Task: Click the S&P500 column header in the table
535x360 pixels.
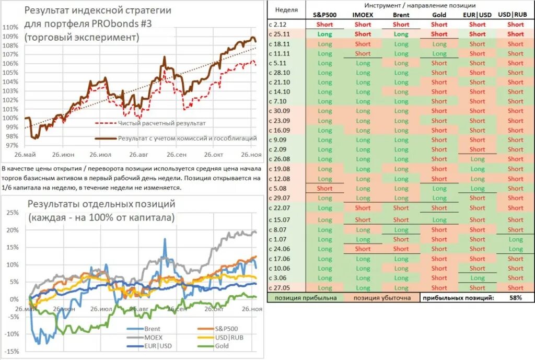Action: click(324, 15)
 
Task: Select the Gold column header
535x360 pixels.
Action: click(439, 15)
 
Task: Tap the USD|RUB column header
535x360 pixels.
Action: click(515, 15)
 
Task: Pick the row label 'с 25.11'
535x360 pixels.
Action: click(280, 34)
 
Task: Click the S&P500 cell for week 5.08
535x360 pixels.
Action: click(324, 189)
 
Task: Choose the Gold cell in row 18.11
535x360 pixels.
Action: click(439, 44)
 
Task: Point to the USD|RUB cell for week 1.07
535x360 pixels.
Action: click(515, 239)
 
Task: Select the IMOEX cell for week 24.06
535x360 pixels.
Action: click(363, 249)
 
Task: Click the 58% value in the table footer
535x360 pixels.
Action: click(516, 298)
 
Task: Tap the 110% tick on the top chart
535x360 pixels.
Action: click(10, 27)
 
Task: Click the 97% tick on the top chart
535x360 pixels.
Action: click(11, 145)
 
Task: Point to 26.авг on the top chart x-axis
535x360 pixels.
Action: click(138, 155)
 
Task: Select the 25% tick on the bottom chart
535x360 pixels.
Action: click(13, 213)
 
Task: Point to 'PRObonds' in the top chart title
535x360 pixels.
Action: click(115, 24)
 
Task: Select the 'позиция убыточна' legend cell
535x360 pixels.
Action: click(382, 298)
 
